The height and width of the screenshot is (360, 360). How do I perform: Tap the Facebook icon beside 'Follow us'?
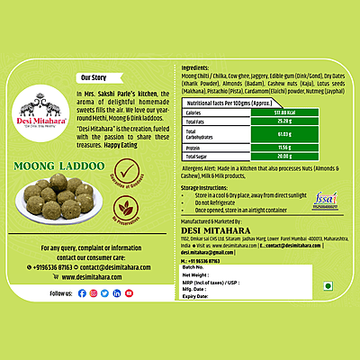82,293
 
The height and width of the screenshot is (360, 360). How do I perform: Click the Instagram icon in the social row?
94,293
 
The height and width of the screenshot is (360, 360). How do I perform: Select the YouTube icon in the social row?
130,293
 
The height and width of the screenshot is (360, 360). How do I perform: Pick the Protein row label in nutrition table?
196,146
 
